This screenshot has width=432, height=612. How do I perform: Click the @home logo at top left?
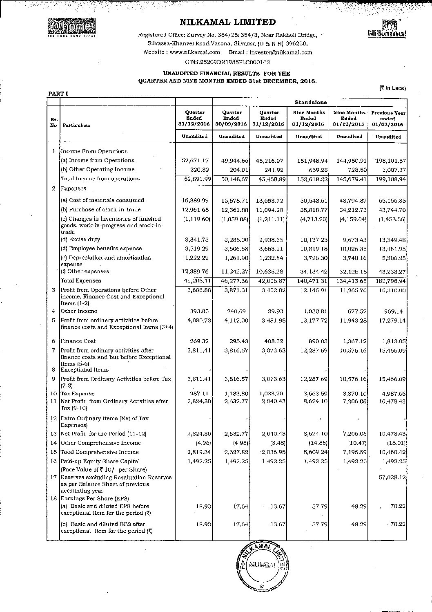[71, 27]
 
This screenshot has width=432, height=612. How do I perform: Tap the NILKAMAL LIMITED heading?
[227, 22]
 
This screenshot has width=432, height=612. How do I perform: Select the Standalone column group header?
[310, 102]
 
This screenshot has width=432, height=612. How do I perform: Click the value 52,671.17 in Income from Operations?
[195, 161]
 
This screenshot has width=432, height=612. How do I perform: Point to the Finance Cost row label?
[78, 341]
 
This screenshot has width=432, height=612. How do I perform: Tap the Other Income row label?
[79, 311]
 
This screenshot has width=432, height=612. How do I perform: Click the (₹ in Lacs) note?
[392, 88]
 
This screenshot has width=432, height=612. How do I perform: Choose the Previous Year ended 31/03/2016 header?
[388, 119]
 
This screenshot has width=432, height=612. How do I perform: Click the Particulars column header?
[76, 126]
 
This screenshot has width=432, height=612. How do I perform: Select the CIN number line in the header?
[227, 62]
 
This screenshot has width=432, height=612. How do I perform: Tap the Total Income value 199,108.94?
[388, 179]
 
